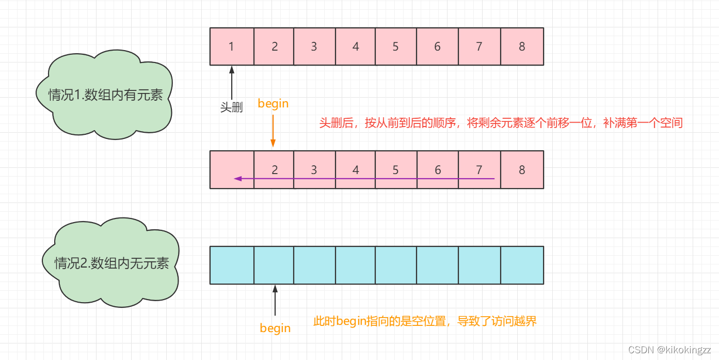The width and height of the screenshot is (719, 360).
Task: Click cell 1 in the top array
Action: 232,46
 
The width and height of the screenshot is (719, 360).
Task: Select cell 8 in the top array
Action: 522,46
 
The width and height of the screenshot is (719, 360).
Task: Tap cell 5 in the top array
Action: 395,46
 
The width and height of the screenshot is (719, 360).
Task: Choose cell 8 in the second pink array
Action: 522,169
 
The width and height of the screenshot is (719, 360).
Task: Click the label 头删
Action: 232,107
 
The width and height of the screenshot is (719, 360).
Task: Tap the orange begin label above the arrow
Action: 273,104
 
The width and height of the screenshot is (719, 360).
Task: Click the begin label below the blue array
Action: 275,328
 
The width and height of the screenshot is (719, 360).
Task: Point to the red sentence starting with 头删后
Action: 501,123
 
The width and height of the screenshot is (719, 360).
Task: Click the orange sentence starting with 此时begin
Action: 425,321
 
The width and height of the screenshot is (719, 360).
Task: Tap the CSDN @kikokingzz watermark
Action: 669,350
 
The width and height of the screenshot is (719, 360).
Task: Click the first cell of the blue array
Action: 232,265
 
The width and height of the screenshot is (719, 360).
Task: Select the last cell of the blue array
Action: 522,265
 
